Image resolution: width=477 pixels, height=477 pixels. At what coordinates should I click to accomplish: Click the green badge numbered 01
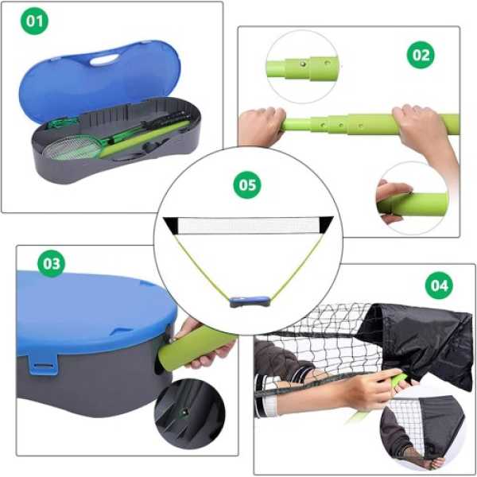point(34,21)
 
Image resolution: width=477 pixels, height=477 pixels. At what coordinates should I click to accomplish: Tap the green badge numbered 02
point(421,55)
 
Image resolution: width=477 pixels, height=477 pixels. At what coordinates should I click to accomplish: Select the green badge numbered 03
point(52,263)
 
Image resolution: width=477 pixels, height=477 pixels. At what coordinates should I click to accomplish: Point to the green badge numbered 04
point(439,285)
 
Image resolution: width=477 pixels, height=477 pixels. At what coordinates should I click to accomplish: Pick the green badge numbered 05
point(247,185)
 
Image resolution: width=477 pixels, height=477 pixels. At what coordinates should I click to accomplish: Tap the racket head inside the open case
point(73,148)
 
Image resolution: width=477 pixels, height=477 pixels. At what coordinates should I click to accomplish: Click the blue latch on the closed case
point(43,364)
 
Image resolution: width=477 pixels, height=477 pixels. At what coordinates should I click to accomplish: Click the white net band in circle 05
point(248,226)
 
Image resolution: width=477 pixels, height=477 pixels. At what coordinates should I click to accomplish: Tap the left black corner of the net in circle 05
point(171,224)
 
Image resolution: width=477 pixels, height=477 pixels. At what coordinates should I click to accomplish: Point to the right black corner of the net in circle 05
point(325,223)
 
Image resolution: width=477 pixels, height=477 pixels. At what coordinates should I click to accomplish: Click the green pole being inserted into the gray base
point(197,351)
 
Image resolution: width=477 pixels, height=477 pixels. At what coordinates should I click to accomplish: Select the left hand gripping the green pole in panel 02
point(262,126)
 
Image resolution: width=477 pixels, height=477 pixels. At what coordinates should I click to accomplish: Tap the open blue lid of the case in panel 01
point(100,79)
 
